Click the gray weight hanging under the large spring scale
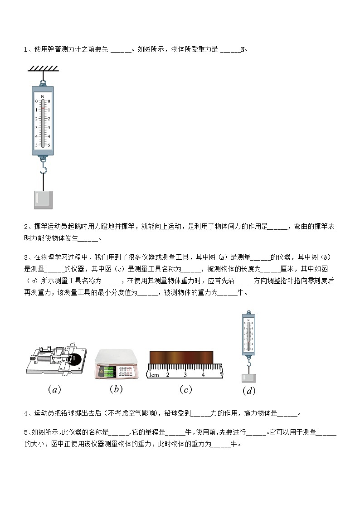(43, 199)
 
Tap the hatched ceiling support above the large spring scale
(44, 68)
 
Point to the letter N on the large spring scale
(43, 97)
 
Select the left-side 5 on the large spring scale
(36, 145)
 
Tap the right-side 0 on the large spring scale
(49, 102)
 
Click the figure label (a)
(54, 389)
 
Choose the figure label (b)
(116, 388)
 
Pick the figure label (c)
(185, 389)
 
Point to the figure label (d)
(249, 391)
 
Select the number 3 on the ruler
(185, 375)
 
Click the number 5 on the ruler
(221, 374)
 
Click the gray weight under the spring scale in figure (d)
(248, 378)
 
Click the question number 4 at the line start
(26, 413)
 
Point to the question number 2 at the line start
(26, 227)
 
